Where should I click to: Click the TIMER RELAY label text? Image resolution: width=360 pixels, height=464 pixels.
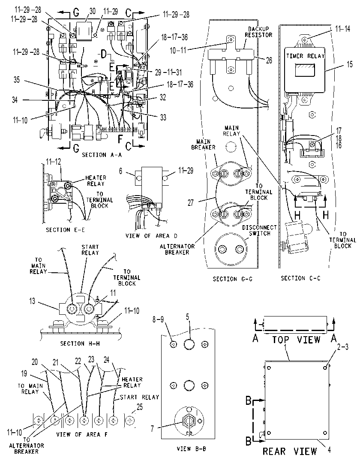click(x=306, y=56)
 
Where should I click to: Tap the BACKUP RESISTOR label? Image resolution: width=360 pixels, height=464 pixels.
click(x=258, y=32)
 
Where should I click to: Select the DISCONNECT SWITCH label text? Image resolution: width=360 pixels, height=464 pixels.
click(x=259, y=230)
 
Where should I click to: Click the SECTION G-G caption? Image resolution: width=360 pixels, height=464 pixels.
click(x=233, y=279)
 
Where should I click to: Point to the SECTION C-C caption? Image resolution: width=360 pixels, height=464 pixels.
click(x=300, y=278)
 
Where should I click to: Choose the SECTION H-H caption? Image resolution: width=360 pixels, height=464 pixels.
click(x=80, y=343)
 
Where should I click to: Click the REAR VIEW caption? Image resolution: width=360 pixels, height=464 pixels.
click(x=290, y=451)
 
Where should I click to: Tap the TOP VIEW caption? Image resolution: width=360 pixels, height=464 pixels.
click(x=297, y=339)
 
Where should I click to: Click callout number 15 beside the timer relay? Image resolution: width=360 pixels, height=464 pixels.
click(x=350, y=64)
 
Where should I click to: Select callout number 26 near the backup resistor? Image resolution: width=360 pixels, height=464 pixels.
click(x=269, y=60)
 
